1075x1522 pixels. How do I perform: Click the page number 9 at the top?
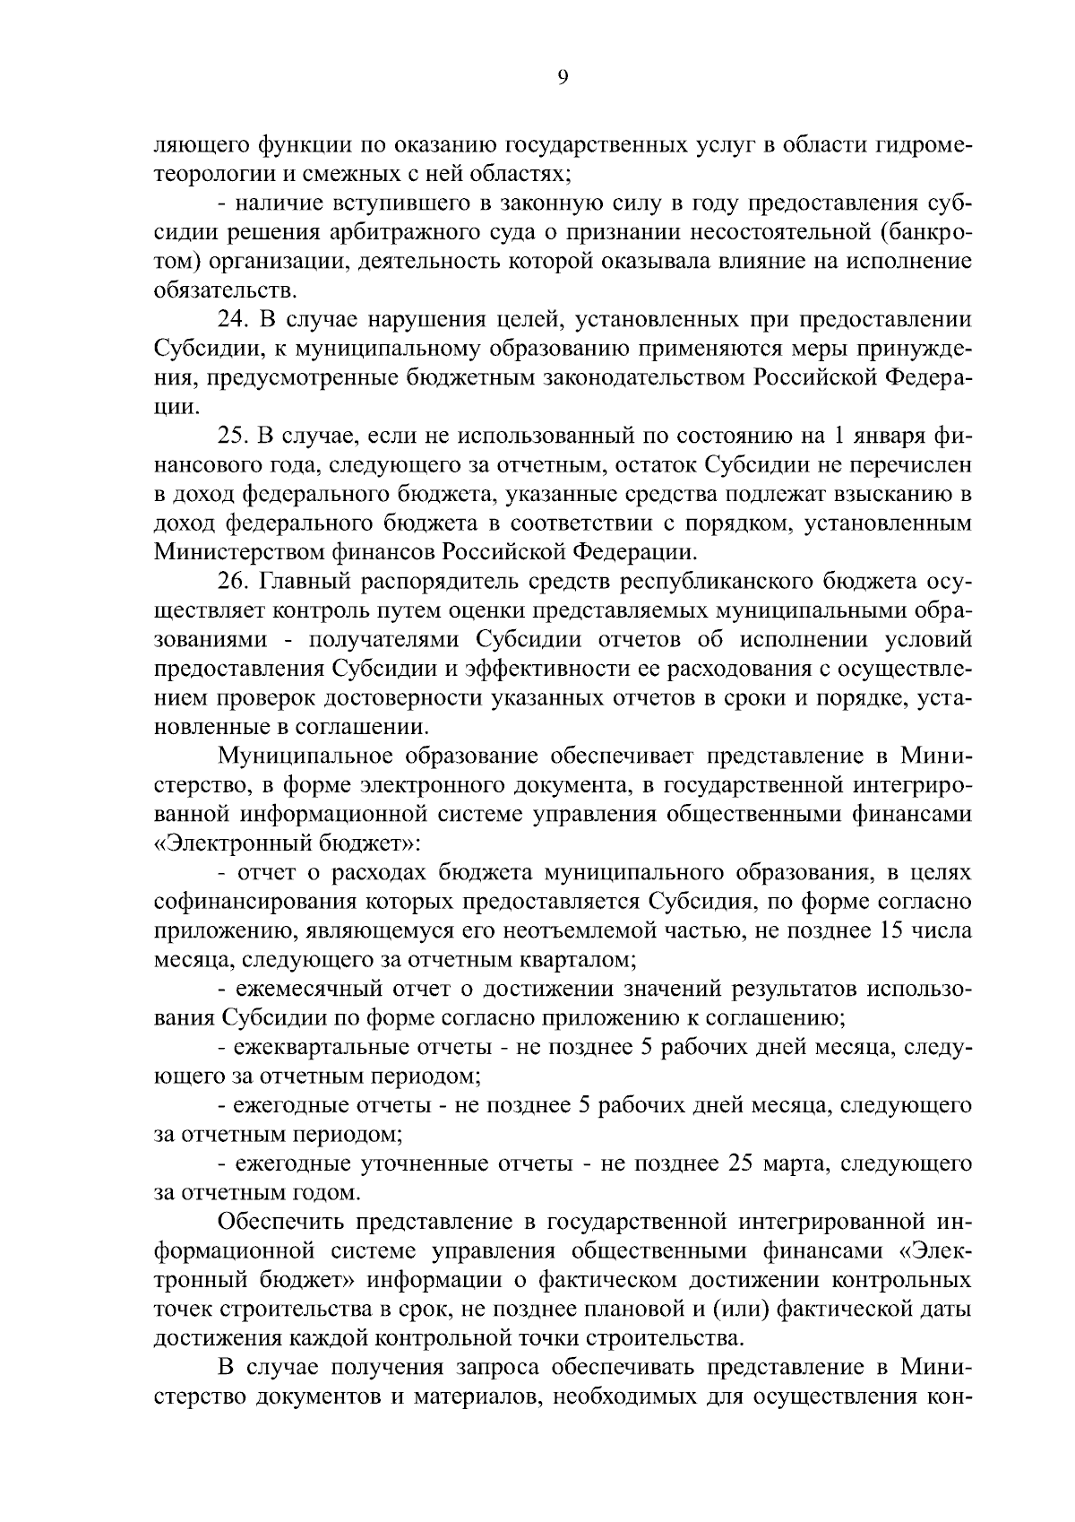tap(562, 78)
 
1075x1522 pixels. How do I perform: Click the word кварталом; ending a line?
tap(578, 960)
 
